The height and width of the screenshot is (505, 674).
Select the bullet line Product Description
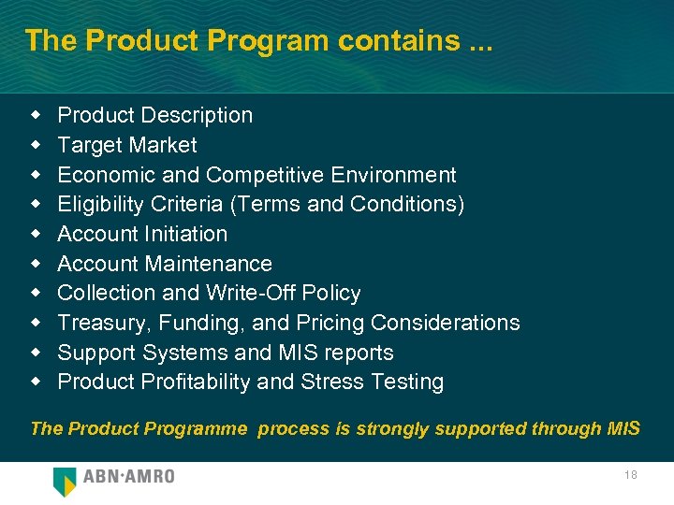tap(155, 115)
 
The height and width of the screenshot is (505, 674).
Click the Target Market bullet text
tap(127, 145)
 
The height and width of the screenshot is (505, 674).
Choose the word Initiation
tap(185, 234)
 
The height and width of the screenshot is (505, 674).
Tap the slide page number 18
tap(630, 475)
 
